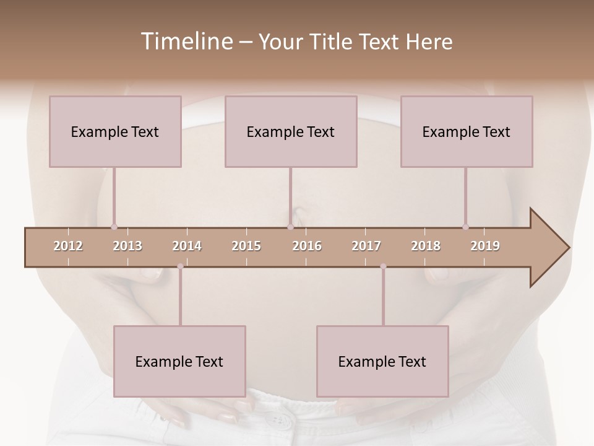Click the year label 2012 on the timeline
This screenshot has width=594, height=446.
(x=68, y=246)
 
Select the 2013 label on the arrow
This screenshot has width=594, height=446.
(x=127, y=246)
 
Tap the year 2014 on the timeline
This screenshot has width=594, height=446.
(x=187, y=246)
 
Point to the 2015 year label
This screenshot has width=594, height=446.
(x=246, y=246)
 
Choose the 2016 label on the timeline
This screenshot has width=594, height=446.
(x=307, y=246)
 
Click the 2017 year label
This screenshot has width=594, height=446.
(x=366, y=246)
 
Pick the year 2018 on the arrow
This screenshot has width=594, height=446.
(x=426, y=246)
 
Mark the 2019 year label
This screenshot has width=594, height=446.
(x=485, y=246)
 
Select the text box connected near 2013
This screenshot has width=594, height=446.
(x=115, y=131)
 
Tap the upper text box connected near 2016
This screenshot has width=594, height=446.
(x=291, y=131)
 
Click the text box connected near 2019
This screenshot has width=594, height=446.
(x=467, y=131)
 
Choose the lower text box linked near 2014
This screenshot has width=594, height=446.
(x=179, y=361)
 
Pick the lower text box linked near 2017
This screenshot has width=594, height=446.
(x=382, y=361)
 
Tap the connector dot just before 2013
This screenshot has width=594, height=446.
(x=114, y=227)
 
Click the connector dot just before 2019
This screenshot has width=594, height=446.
(x=465, y=227)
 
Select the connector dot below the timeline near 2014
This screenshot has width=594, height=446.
(x=180, y=266)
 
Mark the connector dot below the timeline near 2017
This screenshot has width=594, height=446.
(x=383, y=266)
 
